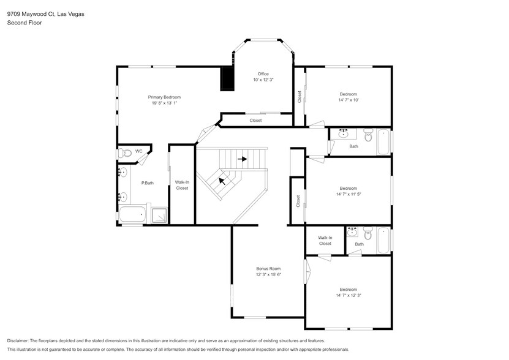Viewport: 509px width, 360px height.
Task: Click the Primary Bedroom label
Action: click(164, 97)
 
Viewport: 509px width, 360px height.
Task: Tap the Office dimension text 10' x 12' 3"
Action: click(263, 80)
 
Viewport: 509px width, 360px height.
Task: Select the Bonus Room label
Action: click(268, 268)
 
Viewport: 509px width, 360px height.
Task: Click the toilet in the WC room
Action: click(124, 152)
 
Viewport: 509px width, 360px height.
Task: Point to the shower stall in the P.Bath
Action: click(159, 216)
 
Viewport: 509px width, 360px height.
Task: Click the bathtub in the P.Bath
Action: click(132, 215)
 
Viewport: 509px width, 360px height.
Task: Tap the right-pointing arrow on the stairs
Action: click(243, 159)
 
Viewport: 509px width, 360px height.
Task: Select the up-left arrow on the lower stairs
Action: click(222, 181)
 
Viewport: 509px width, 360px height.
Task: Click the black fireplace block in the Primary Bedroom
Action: click(227, 78)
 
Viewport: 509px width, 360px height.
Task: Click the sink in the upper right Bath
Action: click(344, 133)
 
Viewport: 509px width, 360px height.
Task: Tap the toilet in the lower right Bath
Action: click(368, 234)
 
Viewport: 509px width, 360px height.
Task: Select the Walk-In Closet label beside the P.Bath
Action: click(182, 185)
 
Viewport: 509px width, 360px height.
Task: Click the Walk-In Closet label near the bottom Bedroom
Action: click(325, 240)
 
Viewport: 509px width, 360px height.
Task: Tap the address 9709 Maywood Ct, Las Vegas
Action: click(45, 13)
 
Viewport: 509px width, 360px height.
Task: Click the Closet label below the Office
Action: click(255, 121)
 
